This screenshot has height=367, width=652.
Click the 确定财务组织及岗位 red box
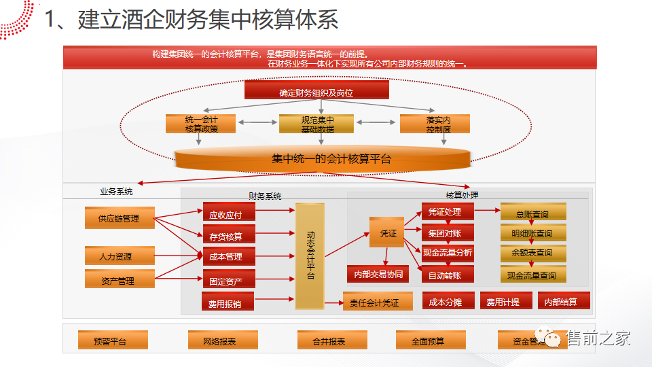tap(316, 90)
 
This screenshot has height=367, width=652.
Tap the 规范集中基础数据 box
tap(317, 124)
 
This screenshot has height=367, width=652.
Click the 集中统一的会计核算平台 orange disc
tap(322, 159)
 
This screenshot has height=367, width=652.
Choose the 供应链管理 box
tap(120, 217)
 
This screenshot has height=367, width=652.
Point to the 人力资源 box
tap(120, 256)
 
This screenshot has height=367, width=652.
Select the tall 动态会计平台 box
tap(310, 256)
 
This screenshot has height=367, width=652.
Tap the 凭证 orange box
tap(388, 233)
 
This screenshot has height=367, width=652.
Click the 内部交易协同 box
tap(378, 274)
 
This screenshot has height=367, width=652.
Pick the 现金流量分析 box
tap(448, 252)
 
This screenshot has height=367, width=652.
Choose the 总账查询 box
tap(533, 213)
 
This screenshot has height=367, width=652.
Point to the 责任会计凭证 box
tap(375, 302)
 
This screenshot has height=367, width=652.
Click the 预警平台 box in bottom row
tap(112, 340)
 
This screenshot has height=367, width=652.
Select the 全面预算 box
tap(430, 340)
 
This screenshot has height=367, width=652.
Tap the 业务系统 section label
tap(116, 192)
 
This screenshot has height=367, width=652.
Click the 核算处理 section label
tap(463, 195)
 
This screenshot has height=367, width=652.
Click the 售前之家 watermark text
tap(598, 338)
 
